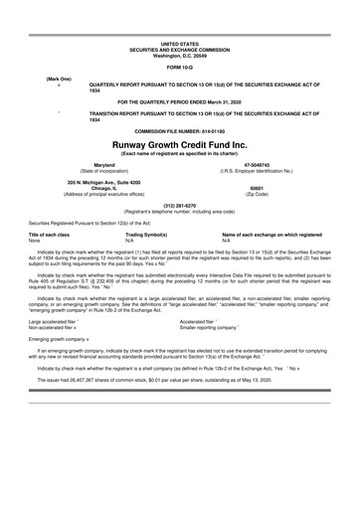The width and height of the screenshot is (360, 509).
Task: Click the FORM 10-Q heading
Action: click(180, 67)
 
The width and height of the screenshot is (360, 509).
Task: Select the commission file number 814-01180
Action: click(180, 156)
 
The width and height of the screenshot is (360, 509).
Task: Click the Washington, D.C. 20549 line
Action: click(180, 55)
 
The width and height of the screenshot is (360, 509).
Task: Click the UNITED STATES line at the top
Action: click(180, 44)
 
